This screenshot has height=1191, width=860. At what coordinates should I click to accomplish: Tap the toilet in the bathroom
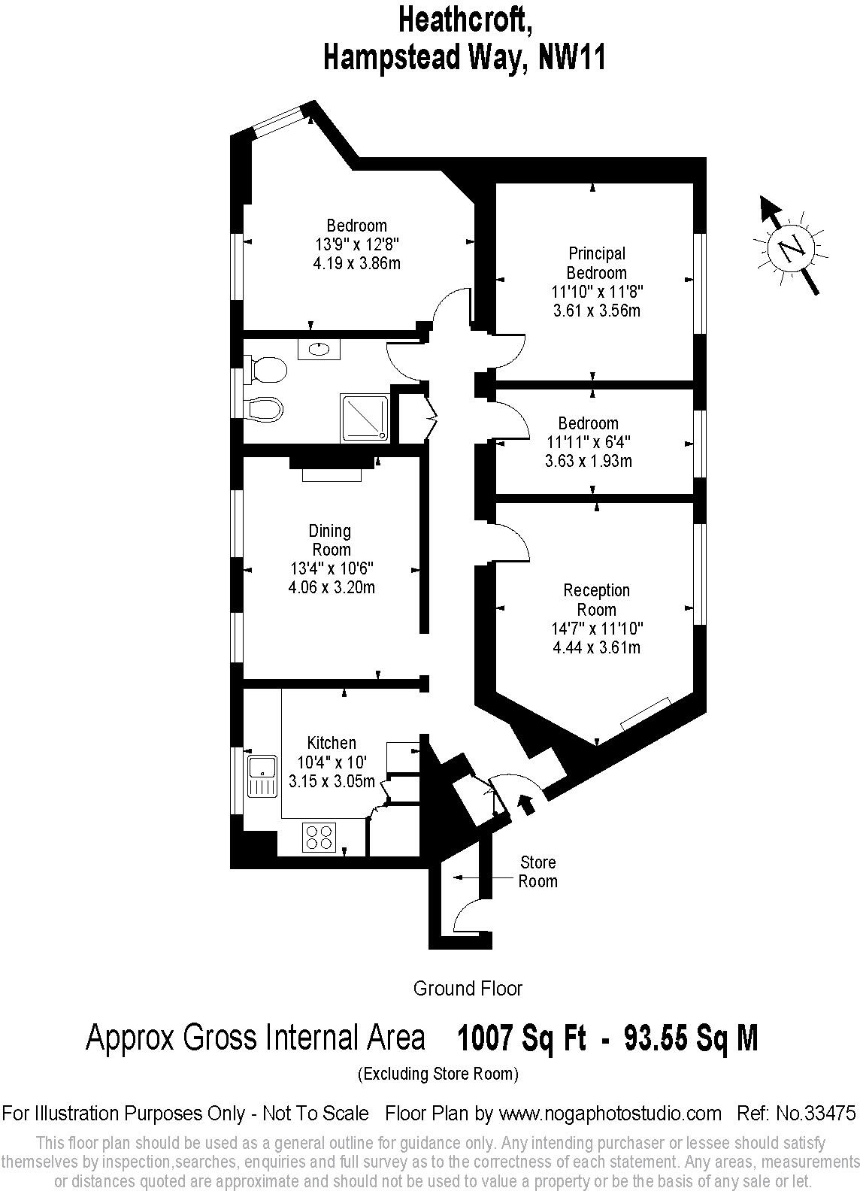pyautogui.click(x=268, y=371)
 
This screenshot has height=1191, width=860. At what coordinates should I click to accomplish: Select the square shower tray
pyautogui.click(x=366, y=417)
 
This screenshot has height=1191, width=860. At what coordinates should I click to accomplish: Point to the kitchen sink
pyautogui.click(x=262, y=776)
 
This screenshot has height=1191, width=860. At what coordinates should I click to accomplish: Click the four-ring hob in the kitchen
pyautogui.click(x=319, y=838)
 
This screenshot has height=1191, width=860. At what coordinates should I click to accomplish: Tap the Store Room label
pyautogui.click(x=537, y=872)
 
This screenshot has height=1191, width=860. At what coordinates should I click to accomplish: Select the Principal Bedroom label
pyautogui.click(x=596, y=263)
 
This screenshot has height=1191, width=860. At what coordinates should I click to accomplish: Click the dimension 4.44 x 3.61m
pyautogui.click(x=596, y=647)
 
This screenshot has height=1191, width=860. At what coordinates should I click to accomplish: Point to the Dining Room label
pyautogui.click(x=331, y=540)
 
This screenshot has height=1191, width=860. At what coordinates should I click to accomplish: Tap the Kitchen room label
pyautogui.click(x=332, y=743)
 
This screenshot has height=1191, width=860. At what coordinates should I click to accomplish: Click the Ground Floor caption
pyautogui.click(x=468, y=988)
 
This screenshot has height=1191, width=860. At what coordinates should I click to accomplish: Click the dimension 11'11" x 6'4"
pyautogui.click(x=589, y=442)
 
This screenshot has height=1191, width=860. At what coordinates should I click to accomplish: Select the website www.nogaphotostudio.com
pyautogui.click(x=610, y=1113)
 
